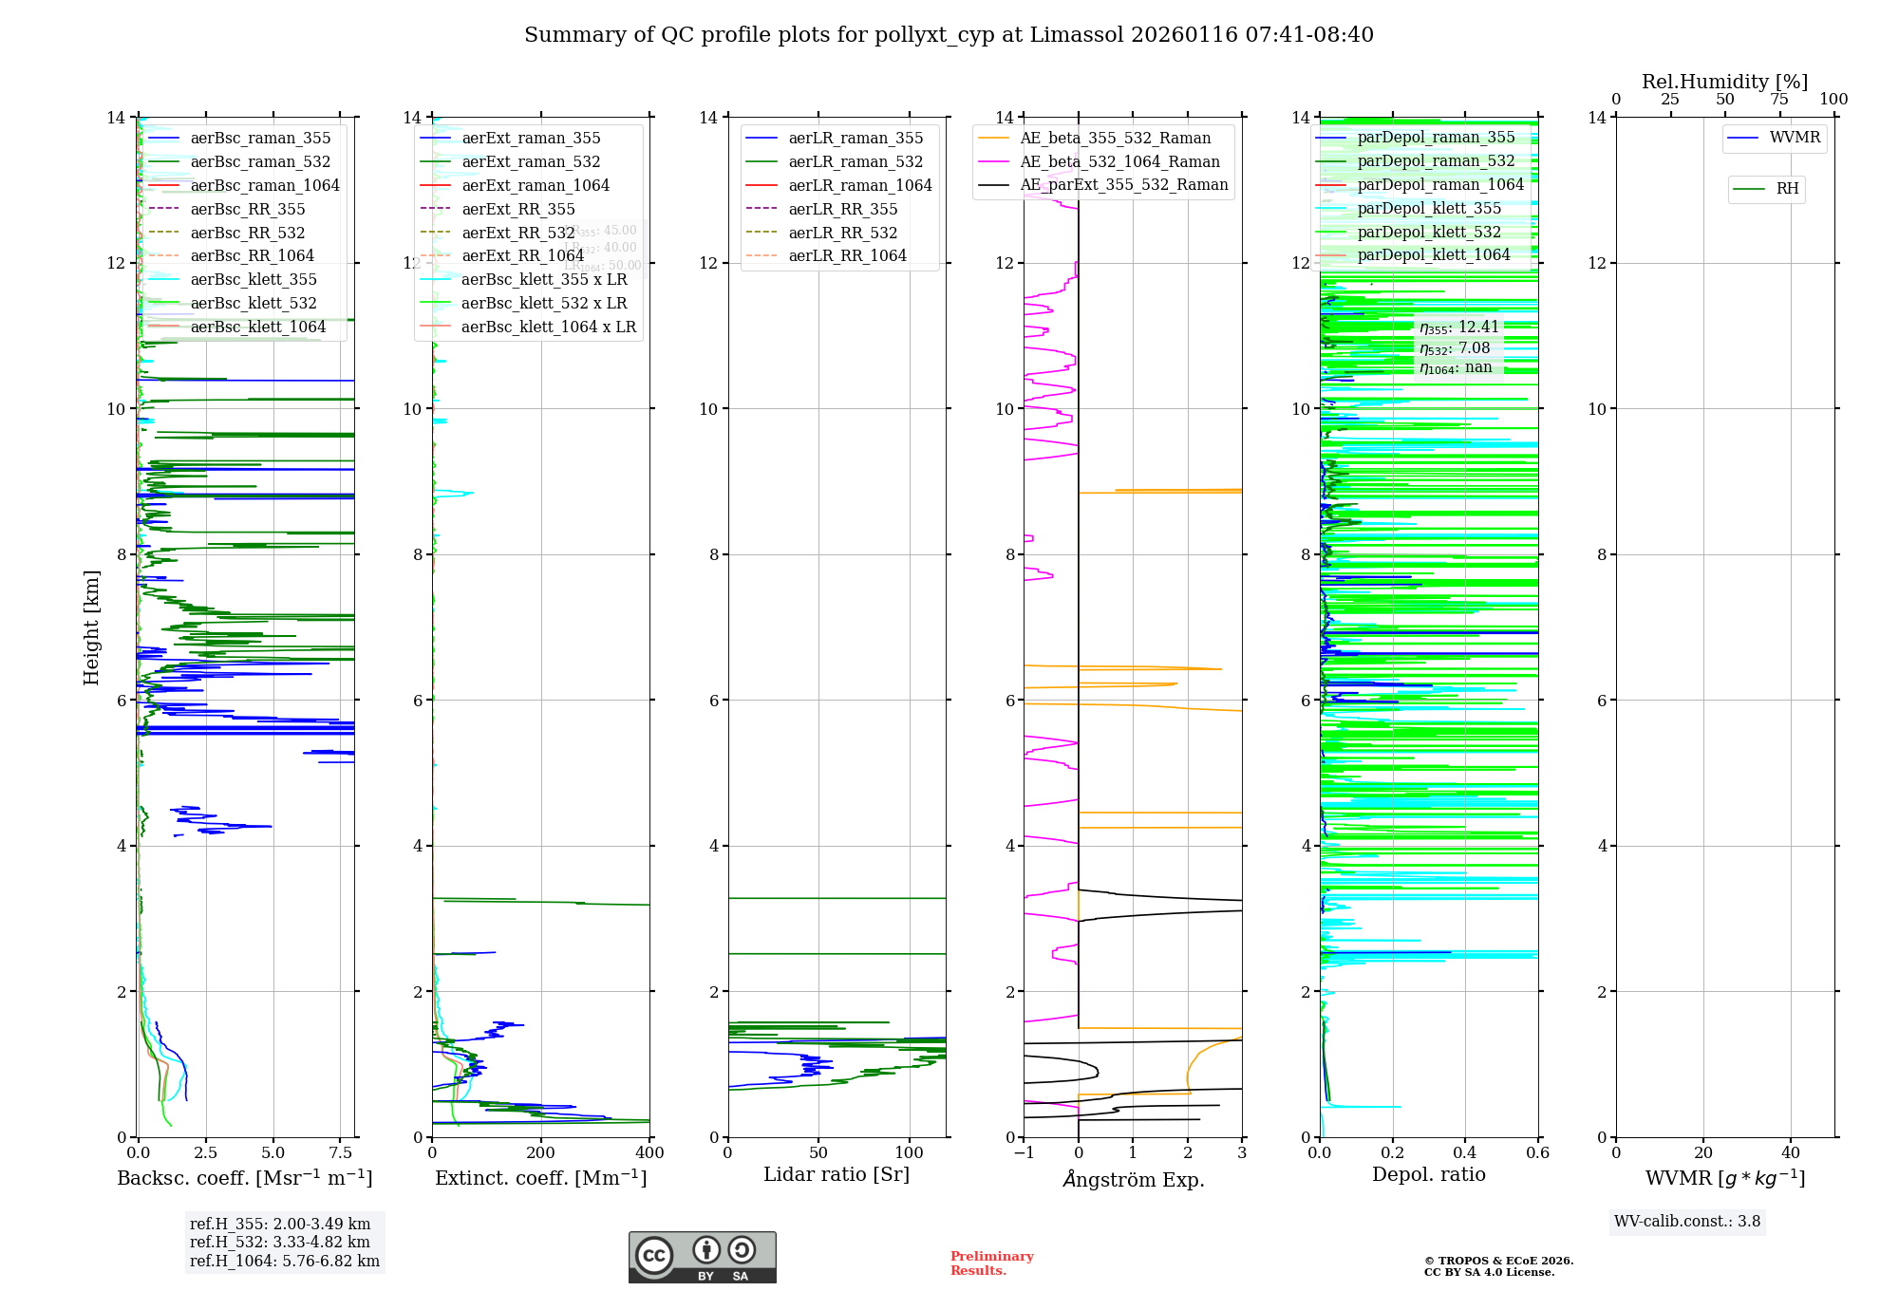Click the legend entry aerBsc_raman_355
click(x=260, y=139)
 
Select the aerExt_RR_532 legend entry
click(x=517, y=233)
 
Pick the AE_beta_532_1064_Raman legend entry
click(x=1119, y=162)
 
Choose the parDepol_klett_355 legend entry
click(x=1429, y=209)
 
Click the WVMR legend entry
click(x=1795, y=138)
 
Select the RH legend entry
click(x=1787, y=189)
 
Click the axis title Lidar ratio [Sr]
click(x=837, y=1175)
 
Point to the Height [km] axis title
click(x=91, y=627)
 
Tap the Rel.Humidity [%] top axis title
click(x=1724, y=82)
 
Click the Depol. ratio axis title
click(x=1428, y=1175)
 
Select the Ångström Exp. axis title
click(x=1133, y=1180)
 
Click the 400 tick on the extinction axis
click(x=649, y=1153)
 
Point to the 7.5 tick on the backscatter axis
click(x=341, y=1153)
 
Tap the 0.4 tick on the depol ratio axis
click(x=1465, y=1153)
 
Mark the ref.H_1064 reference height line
click(x=284, y=1262)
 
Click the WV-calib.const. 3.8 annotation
click(x=1686, y=1222)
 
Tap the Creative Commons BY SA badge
click(x=702, y=1257)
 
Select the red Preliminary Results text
click(x=991, y=1263)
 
